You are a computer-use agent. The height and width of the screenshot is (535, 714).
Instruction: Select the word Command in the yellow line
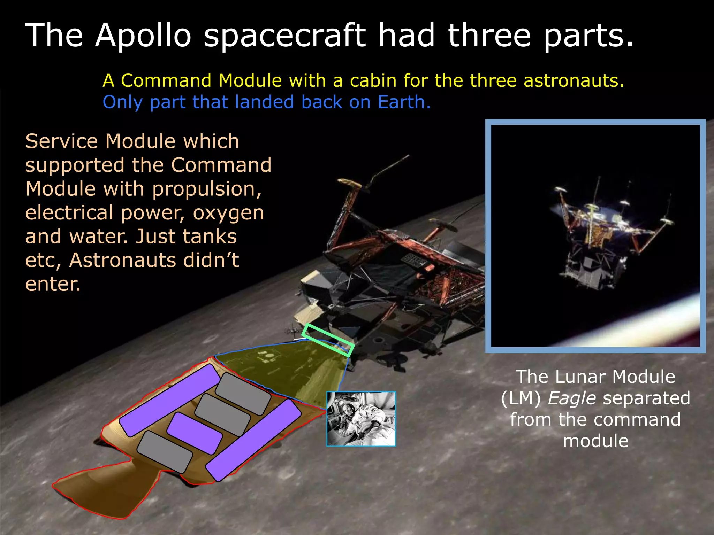[x=166, y=81]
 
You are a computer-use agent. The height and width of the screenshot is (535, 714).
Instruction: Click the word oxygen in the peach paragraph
[x=228, y=213]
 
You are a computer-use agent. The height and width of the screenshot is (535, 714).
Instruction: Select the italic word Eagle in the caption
[x=572, y=398]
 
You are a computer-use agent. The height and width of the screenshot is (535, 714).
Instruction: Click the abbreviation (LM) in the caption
[x=521, y=398]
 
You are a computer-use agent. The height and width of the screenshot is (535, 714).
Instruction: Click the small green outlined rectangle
[x=328, y=340]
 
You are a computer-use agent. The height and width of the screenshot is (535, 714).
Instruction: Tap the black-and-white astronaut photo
[x=361, y=419]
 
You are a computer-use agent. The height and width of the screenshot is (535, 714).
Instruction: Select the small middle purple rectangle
[x=195, y=433]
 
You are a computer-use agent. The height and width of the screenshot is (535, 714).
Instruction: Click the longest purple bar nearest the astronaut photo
[x=253, y=440]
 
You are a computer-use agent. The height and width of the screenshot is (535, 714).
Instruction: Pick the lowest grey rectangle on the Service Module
[x=165, y=451]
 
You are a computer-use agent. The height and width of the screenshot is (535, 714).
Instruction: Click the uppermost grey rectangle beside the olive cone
[x=243, y=394]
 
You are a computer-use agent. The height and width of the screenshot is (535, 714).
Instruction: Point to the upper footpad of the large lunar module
[x=349, y=184]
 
